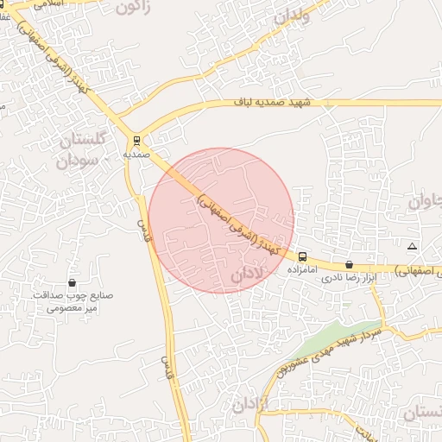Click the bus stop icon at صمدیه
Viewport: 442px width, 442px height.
click(x=136, y=139)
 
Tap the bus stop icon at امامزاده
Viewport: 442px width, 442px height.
click(x=302, y=256)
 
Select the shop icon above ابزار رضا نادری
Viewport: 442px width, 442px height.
click(x=349, y=265)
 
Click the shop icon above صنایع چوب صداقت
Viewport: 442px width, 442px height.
click(x=72, y=283)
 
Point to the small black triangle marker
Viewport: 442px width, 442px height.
click(x=412, y=247)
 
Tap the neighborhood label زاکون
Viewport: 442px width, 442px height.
click(x=132, y=9)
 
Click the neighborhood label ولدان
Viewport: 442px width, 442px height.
click(x=290, y=14)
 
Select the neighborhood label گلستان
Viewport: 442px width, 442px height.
click(x=85, y=140)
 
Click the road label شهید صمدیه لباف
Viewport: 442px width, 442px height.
click(x=268, y=103)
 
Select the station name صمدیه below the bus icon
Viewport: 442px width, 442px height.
click(x=136, y=154)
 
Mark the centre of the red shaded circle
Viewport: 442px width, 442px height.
click(x=221, y=220)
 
